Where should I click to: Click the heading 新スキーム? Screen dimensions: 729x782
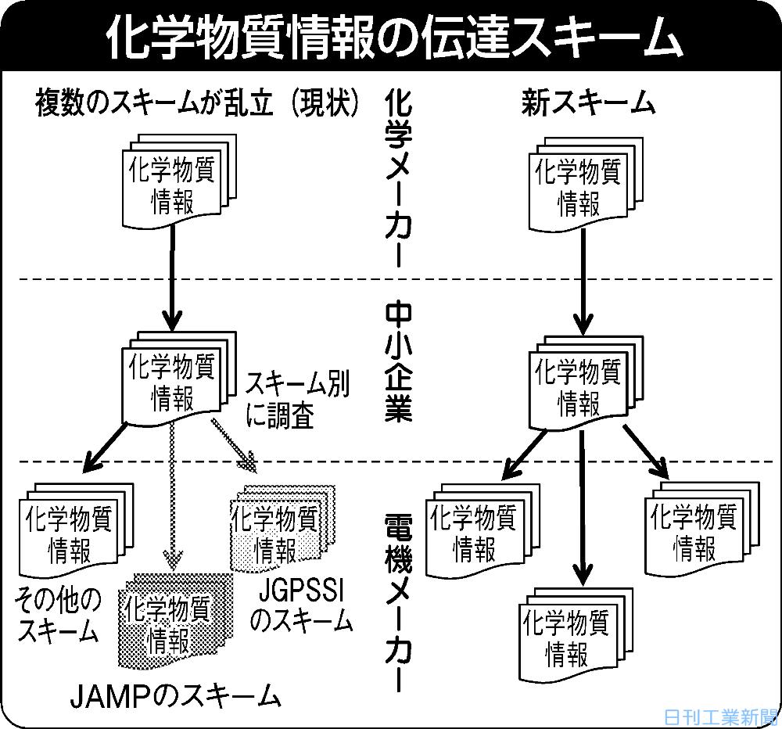click(587, 103)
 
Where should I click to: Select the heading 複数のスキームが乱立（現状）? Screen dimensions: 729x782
click(197, 103)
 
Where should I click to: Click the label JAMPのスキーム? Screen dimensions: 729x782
click(174, 693)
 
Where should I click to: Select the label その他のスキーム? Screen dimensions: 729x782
click(58, 615)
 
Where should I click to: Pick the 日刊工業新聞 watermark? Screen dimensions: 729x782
click(719, 716)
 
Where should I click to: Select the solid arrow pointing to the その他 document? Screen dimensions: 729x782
click(103, 446)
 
